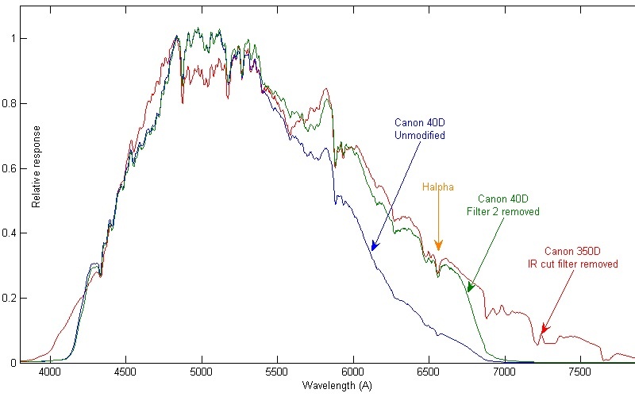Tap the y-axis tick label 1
click(17, 38)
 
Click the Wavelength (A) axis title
click(337, 385)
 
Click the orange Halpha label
click(437, 187)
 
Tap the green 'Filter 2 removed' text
click(502, 212)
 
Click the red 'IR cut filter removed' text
click(575, 264)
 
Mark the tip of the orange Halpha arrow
click(438, 251)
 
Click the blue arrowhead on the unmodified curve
click(372, 249)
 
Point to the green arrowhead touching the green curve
click(468, 291)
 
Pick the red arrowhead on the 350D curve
click(543, 333)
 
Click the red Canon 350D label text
click(575, 252)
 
